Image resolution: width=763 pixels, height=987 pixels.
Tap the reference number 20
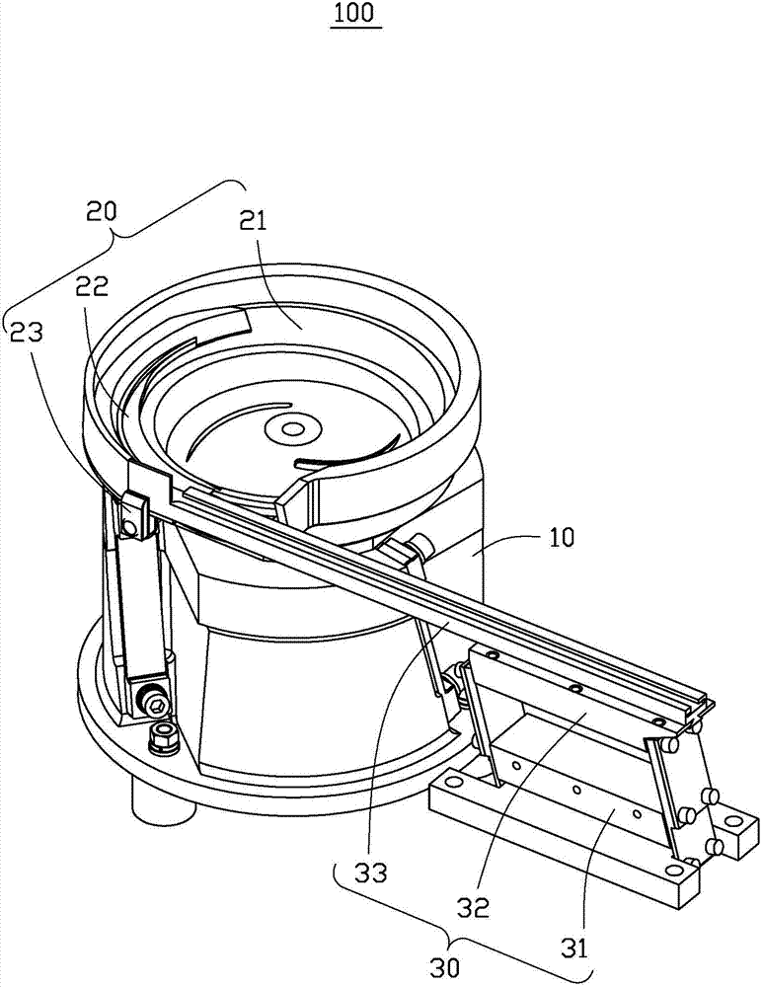(x=102, y=210)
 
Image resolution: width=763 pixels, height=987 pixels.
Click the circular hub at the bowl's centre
(x=292, y=429)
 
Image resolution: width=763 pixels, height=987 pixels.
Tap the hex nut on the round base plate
(x=162, y=734)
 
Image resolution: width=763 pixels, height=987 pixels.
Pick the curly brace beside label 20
(x=128, y=247)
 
